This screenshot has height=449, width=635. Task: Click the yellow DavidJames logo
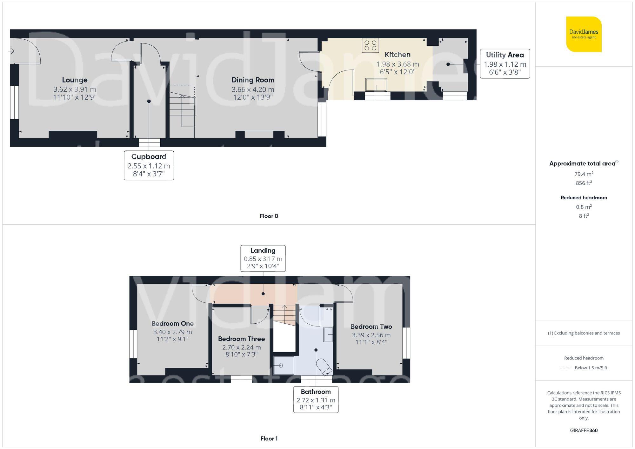[584, 34]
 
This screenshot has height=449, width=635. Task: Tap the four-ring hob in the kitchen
[370, 45]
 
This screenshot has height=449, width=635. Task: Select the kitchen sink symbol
[376, 85]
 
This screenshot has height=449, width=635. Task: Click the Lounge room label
[75, 80]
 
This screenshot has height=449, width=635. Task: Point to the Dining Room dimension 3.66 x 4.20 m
[253, 89]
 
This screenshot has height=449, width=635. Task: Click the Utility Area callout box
[505, 63]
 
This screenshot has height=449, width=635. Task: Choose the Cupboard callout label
[149, 157]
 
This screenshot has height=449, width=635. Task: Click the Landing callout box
[263, 258]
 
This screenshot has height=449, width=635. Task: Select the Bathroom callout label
[316, 392]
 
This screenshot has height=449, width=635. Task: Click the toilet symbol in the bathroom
[324, 367]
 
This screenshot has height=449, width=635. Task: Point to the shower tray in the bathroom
[284, 366]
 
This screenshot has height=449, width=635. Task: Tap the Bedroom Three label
[241, 339]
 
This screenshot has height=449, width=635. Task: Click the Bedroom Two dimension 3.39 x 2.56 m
[371, 335]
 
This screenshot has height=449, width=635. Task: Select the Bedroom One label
[172, 324]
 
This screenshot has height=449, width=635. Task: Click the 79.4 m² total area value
[584, 174]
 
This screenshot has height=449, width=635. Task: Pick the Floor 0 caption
[269, 216]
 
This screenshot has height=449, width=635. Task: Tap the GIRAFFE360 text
[584, 431]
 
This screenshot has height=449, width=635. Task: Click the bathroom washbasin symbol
[328, 334]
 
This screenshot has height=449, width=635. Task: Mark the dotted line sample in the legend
[566, 368]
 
